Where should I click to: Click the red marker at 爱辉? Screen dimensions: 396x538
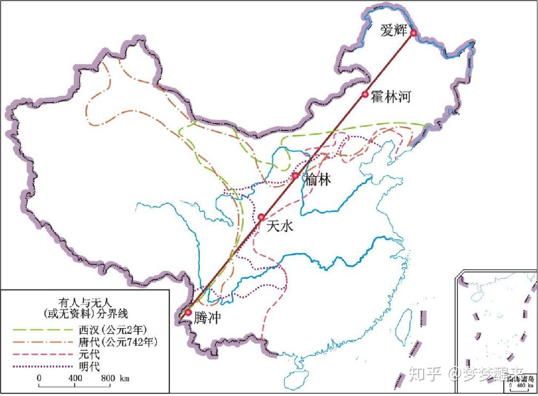tap(413, 33)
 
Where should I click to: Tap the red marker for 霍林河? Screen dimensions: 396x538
tap(365, 95)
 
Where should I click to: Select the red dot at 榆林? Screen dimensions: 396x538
tap(295, 176)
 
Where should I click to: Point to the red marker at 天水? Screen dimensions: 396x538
tap(261, 217)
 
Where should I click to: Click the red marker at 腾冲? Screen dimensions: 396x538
tap(188, 312)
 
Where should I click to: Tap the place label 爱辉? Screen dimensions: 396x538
tap(394, 31)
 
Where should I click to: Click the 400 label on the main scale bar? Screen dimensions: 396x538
tap(75, 378)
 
